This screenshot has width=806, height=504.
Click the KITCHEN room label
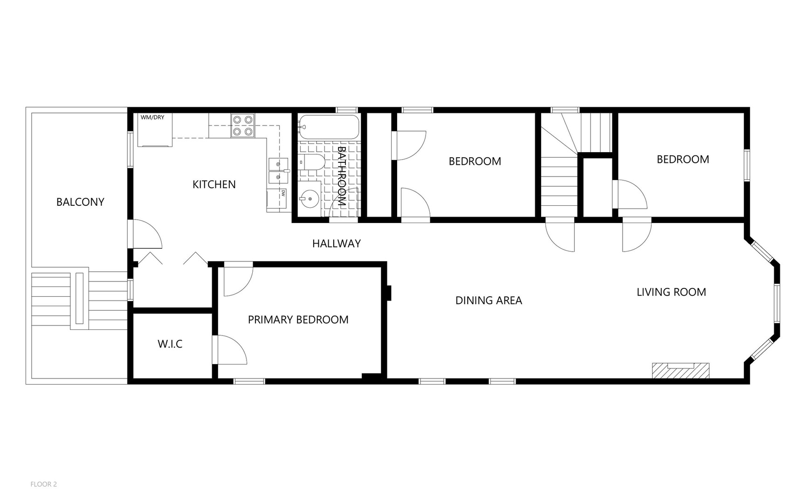(x=214, y=184)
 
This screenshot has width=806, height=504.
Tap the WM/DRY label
(x=152, y=117)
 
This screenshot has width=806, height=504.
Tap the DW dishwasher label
(x=283, y=192)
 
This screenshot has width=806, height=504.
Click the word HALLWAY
(x=337, y=243)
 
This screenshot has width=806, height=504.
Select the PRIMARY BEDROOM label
(x=298, y=320)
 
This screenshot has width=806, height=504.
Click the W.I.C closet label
(x=170, y=344)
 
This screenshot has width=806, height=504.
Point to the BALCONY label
(x=80, y=202)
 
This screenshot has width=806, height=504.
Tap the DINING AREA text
(x=489, y=301)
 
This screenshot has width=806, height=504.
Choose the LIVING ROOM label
(x=671, y=292)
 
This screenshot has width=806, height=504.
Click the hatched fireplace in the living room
(x=681, y=371)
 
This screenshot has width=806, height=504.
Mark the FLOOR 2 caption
(x=44, y=484)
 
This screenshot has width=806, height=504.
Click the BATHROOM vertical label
(x=341, y=177)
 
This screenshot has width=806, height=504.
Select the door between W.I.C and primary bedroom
(x=229, y=350)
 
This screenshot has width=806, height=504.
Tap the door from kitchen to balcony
(x=145, y=233)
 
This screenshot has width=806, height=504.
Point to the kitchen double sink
(x=278, y=171)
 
